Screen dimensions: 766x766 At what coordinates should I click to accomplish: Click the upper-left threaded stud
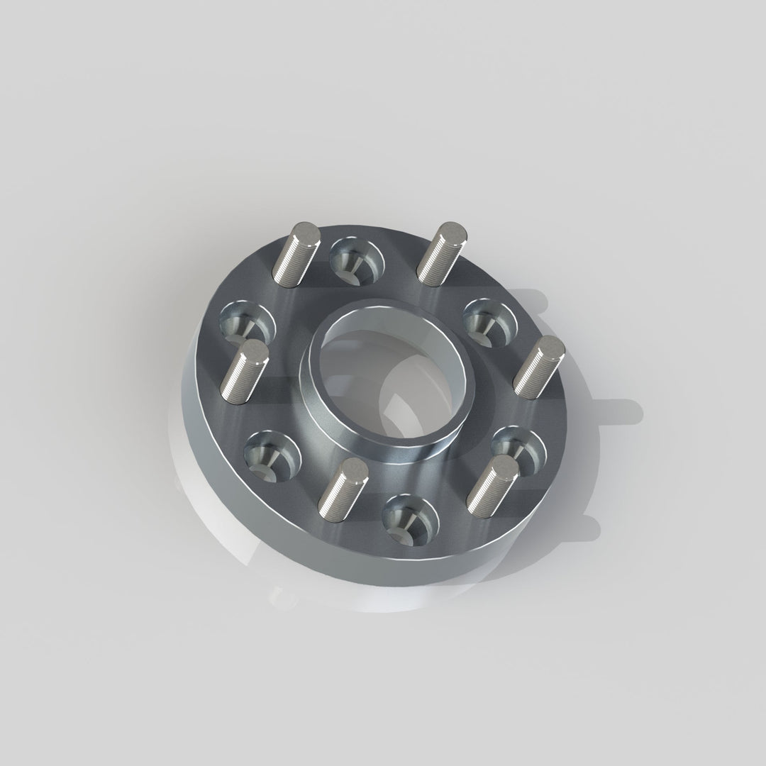pyautogui.click(x=293, y=255)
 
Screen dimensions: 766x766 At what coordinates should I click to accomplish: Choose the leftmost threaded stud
pyautogui.click(x=243, y=372)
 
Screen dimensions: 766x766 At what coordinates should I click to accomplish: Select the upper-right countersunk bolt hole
pyautogui.click(x=489, y=318)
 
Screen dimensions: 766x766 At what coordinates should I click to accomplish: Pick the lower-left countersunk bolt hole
pyautogui.click(x=272, y=455)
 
